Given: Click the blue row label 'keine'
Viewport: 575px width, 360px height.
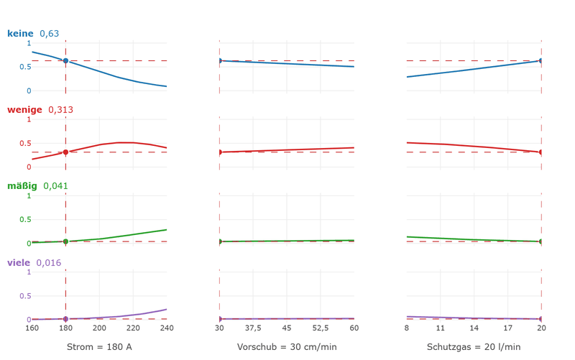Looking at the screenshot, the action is click(x=20, y=33).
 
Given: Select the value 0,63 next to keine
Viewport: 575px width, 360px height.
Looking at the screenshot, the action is click(x=49, y=34).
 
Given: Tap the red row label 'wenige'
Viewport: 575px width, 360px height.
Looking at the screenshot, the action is click(x=24, y=110).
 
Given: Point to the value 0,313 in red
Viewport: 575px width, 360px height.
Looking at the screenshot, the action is click(x=60, y=110).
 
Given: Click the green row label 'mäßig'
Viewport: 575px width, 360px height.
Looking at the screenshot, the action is click(x=22, y=186).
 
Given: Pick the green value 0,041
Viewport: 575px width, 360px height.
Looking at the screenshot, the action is click(x=55, y=186).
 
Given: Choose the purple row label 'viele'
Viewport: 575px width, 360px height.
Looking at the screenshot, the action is click(x=19, y=262).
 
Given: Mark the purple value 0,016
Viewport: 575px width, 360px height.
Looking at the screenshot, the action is click(x=48, y=263).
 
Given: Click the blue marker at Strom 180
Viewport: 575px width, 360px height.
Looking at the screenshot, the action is click(x=65, y=60).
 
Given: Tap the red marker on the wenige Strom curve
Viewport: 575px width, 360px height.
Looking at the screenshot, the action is click(x=65, y=152).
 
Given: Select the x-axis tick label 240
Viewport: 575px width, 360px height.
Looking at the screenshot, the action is click(x=167, y=328).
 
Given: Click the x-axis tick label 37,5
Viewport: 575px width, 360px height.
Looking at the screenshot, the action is click(x=253, y=328).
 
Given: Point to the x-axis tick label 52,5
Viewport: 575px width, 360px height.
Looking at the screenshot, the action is click(x=321, y=328).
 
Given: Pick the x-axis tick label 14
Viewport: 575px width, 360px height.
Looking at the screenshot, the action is click(x=474, y=328).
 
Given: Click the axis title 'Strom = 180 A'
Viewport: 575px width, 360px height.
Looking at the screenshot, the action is click(x=99, y=347).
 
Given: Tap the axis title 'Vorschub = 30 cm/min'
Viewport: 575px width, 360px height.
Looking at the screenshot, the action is click(x=287, y=347).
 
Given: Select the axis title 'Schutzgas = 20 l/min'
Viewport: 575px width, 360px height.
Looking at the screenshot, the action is click(x=474, y=347).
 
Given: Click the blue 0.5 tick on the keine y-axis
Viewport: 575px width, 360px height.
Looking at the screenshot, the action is click(x=25, y=67).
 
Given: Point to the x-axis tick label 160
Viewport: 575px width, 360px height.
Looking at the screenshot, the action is click(x=32, y=328).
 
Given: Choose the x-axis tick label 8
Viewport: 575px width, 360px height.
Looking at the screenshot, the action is click(x=407, y=328).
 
